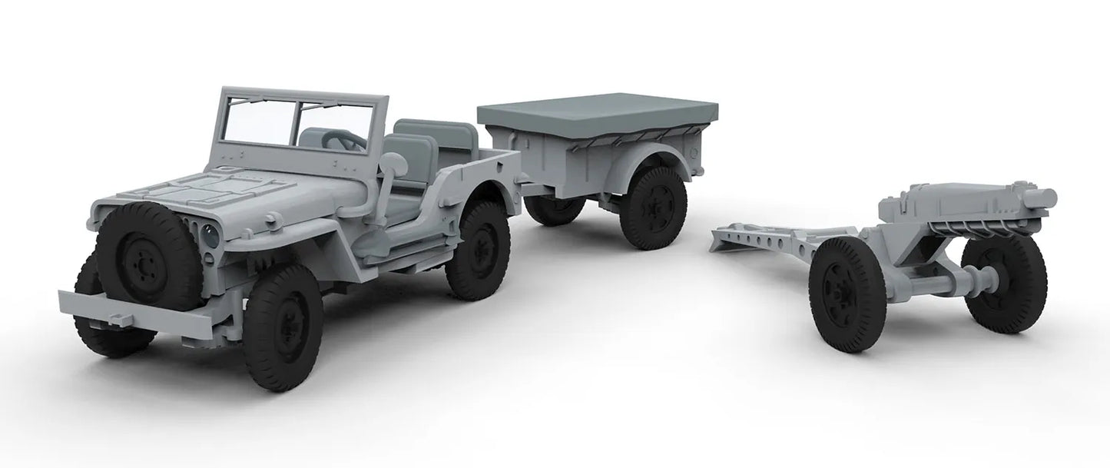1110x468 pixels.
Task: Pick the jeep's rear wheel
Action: click(477, 250)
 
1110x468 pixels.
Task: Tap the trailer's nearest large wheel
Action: click(652, 207)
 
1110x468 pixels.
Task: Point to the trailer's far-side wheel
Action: click(553, 209)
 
